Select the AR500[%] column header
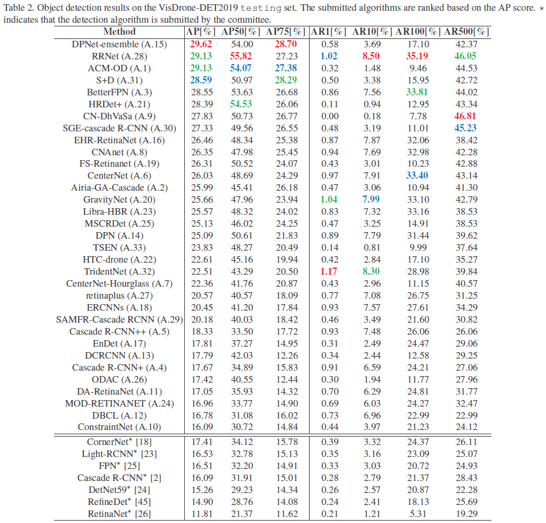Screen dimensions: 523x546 tap(466, 32)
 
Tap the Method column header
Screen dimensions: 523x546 tap(119, 32)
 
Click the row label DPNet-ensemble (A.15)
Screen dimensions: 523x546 tap(119, 44)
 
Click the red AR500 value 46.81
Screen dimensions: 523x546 tap(466, 116)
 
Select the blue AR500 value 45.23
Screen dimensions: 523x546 tap(466, 128)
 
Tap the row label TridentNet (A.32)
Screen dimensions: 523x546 tap(119, 271)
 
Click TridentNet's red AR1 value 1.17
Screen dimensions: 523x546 tap(329, 271)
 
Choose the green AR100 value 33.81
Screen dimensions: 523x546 tap(418, 92)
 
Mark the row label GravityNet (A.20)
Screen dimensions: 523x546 tap(119, 200)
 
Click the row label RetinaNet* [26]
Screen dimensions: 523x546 tap(119, 513)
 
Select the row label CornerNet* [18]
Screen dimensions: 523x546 tap(119, 442)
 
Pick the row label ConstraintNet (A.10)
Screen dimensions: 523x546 tap(119, 427)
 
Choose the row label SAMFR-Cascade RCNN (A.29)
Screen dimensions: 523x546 tap(119, 319)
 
